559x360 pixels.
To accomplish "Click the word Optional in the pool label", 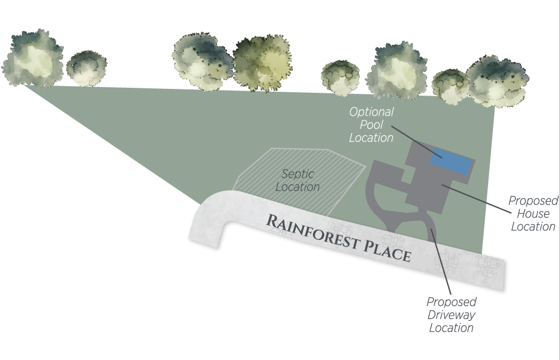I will (371, 112).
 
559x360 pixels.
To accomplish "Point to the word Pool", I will (372, 125).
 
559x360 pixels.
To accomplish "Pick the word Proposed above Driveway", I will (452, 302).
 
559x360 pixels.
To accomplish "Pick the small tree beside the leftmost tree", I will (87, 68).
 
